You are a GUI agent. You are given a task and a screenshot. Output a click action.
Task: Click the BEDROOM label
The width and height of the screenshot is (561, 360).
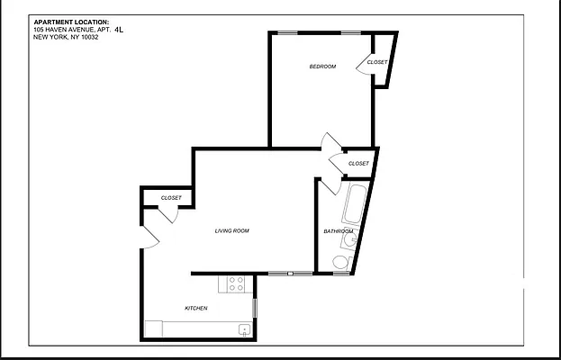pos(322,67)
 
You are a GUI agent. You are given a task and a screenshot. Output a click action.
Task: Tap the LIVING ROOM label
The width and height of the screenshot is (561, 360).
pos(231,231)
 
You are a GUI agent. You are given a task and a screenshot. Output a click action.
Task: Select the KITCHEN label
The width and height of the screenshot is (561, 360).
pos(196,309)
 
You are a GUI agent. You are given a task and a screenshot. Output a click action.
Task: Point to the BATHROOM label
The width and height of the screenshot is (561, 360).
pos(338,231)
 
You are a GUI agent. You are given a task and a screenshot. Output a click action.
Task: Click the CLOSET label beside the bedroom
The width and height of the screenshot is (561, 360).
pos(377,62)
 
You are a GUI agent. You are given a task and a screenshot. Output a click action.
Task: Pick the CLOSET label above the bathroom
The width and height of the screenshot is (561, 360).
pos(358,164)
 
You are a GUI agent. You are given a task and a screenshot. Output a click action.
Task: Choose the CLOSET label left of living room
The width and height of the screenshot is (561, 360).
pos(171,198)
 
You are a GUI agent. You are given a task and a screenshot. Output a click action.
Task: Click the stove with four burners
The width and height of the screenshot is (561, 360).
pos(237,283)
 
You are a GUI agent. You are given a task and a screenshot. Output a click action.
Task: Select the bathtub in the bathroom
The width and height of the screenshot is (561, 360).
pos(352,204)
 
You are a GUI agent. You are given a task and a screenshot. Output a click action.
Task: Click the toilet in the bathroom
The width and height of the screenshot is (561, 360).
pos(339,261)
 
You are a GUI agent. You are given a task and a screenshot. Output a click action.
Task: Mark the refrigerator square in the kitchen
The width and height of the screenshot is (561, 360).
pos(154,328)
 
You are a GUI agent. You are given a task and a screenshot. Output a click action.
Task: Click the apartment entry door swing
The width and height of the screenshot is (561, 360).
pos(149,237)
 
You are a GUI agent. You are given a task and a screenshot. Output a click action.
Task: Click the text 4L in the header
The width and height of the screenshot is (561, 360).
pos(120,30)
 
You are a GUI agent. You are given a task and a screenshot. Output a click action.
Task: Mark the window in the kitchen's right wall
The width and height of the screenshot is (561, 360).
pos(255,307)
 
